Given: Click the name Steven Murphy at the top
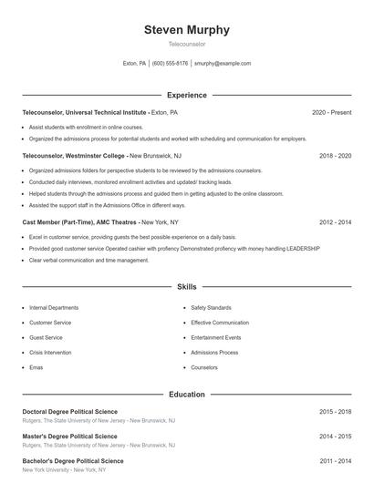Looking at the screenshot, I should click(186, 29).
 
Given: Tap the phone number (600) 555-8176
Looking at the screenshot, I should click(171, 64).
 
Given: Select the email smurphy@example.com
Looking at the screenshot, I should click(223, 64).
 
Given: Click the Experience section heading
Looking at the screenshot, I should click(186, 95).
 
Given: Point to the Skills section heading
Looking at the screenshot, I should click(186, 286).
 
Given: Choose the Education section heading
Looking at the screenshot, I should click(186, 395).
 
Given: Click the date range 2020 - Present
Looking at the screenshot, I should click(331, 112).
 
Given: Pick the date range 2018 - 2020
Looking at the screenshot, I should click(335, 156).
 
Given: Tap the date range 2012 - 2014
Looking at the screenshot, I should click(335, 221).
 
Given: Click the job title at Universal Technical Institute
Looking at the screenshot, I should click(83, 112).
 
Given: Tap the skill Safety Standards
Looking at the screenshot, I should click(211, 308).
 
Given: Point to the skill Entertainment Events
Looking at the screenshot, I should click(217, 337).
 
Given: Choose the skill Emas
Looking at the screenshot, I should click(36, 367).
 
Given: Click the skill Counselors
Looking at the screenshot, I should click(204, 367).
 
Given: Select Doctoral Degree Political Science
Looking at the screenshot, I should click(69, 412).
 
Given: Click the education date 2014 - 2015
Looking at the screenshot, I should click(335, 437).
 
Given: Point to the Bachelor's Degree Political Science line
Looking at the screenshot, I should click(72, 461).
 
